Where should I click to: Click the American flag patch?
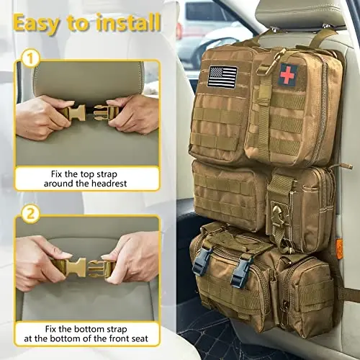coord(222,76)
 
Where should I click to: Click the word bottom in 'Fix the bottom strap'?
coord(91,330)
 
